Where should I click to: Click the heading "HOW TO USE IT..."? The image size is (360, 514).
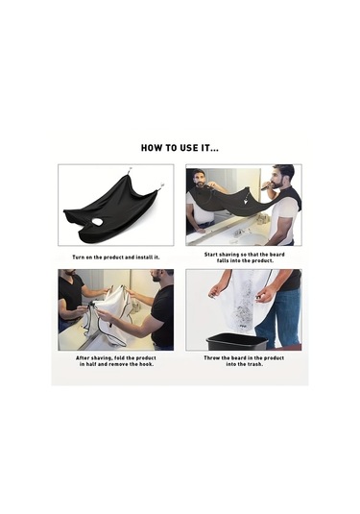(x=180, y=148)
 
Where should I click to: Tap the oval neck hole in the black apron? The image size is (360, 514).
(x=97, y=222)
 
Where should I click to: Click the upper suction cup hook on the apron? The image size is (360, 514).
(x=129, y=171)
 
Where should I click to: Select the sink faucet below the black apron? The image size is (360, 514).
(x=238, y=233)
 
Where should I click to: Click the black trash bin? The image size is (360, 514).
(x=237, y=341)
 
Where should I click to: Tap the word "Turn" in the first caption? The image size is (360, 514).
(x=78, y=257)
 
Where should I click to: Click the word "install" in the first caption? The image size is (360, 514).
(x=144, y=257)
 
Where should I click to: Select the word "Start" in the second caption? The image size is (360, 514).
(x=211, y=255)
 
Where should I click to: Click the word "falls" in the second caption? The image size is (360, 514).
(x=223, y=260)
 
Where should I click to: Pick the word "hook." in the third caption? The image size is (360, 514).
(x=147, y=364)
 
